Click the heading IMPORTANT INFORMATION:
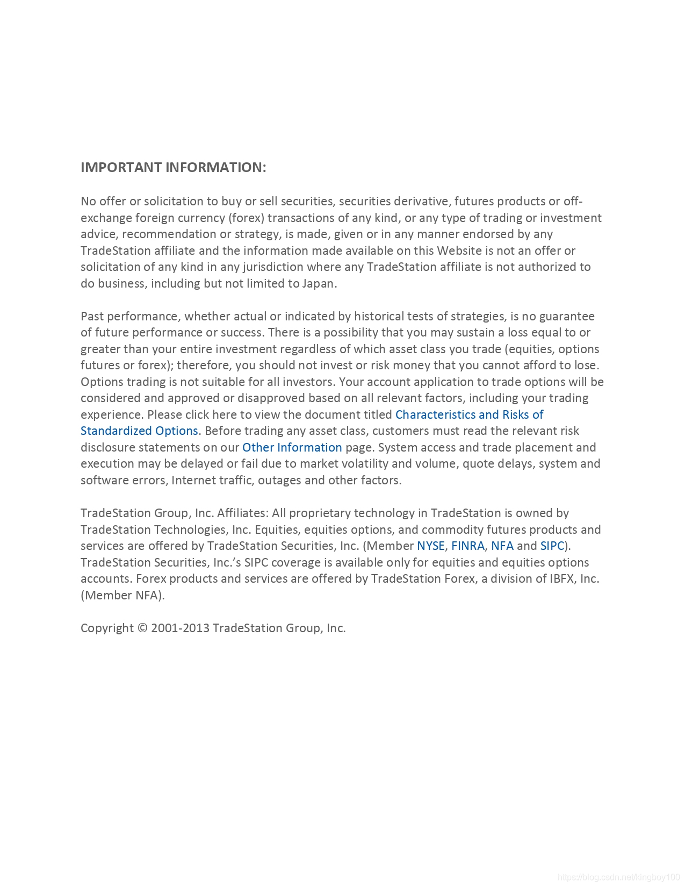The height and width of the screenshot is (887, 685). (x=173, y=167)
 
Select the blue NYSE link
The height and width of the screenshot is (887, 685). (x=431, y=546)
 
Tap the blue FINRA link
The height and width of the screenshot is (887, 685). (x=468, y=546)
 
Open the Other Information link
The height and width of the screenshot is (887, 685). (x=292, y=447)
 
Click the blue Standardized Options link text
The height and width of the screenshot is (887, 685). (x=139, y=431)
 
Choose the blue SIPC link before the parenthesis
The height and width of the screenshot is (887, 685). (x=552, y=546)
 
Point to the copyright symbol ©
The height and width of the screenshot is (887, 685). (x=142, y=628)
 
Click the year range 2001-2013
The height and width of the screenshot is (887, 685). (x=180, y=628)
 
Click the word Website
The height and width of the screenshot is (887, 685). (x=459, y=251)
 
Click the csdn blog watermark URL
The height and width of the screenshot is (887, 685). (x=619, y=877)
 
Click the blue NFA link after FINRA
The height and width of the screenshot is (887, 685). (x=502, y=546)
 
